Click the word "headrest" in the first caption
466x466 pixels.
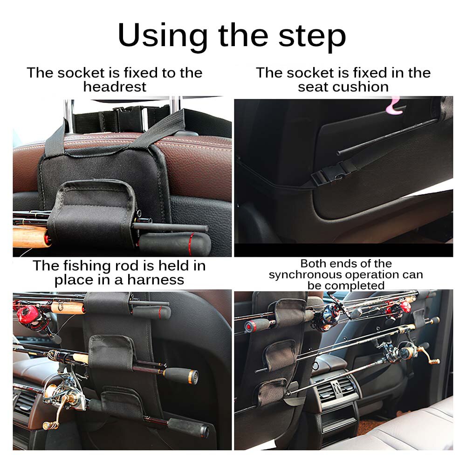coord(115,87)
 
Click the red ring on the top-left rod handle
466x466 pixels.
coord(190,240)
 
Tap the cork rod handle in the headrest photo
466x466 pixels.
coord(29,237)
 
